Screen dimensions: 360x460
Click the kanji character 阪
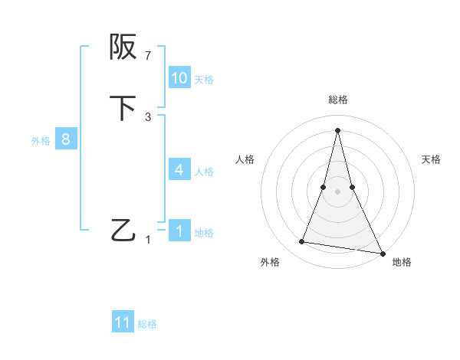click(x=123, y=47)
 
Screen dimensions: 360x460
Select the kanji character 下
click(x=123, y=108)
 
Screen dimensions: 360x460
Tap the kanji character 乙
click(x=123, y=229)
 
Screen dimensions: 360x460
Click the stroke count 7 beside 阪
click(x=148, y=55)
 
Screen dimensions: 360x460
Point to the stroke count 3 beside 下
click(x=148, y=116)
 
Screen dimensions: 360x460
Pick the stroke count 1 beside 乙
click(x=148, y=240)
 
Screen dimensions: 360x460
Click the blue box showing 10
click(x=179, y=78)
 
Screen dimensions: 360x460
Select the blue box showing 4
click(x=179, y=170)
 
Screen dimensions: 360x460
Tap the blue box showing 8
click(x=66, y=139)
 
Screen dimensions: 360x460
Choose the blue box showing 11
click(x=123, y=322)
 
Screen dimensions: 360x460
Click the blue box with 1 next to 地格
click(x=179, y=231)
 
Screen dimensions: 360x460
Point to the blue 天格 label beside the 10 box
click(x=204, y=80)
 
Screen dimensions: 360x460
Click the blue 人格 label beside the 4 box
click(x=204, y=172)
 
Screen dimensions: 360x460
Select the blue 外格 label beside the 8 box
click(x=41, y=141)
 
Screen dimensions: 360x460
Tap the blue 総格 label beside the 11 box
click(x=147, y=324)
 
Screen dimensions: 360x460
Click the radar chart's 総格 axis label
click(x=338, y=100)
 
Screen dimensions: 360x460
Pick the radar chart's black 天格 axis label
click(x=431, y=159)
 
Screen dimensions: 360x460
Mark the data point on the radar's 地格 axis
click(x=382, y=253)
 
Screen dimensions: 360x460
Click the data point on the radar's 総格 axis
click(x=338, y=129)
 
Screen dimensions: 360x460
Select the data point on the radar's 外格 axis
click(x=302, y=242)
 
